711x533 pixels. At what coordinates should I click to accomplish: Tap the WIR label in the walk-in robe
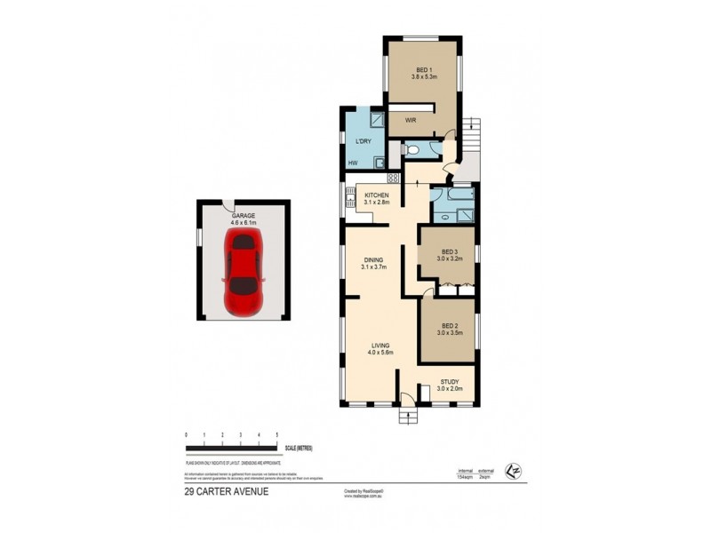point(411,119)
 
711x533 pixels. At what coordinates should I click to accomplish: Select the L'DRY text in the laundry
point(363,142)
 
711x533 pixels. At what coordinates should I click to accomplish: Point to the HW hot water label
point(353,163)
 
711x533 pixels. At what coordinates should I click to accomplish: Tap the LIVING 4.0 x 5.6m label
point(380,348)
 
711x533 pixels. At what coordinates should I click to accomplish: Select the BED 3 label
point(449,253)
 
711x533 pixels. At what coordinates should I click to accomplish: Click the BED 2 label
point(449,330)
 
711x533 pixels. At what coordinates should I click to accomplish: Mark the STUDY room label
point(450,384)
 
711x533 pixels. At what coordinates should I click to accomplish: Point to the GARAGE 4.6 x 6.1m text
point(243,219)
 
